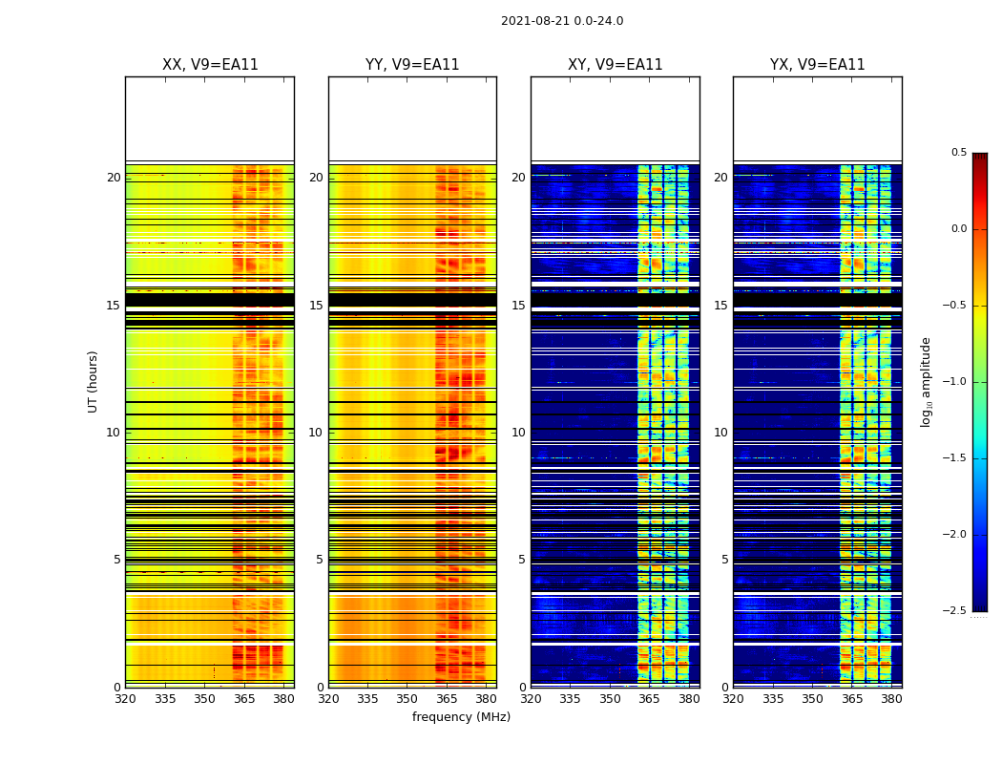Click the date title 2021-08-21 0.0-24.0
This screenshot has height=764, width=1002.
[x=562, y=21]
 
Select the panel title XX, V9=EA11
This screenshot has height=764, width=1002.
[x=210, y=65]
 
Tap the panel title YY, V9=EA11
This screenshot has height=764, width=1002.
[x=412, y=65]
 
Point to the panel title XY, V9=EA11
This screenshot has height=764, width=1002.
[x=616, y=65]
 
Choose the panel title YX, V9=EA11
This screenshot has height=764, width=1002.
[x=818, y=65]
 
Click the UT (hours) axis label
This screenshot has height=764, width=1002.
[x=93, y=381]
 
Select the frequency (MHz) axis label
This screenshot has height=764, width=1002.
[x=461, y=717]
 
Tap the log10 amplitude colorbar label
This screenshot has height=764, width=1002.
[x=926, y=381]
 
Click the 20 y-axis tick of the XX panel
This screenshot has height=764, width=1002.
[x=114, y=178]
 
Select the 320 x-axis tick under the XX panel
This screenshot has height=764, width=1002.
[x=125, y=699]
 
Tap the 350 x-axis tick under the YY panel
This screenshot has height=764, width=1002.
[x=407, y=699]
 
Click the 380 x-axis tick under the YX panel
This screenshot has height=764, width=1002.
[x=891, y=699]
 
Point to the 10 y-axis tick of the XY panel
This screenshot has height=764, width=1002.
[x=519, y=433]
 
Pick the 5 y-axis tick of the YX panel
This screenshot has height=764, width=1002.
[x=725, y=560]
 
